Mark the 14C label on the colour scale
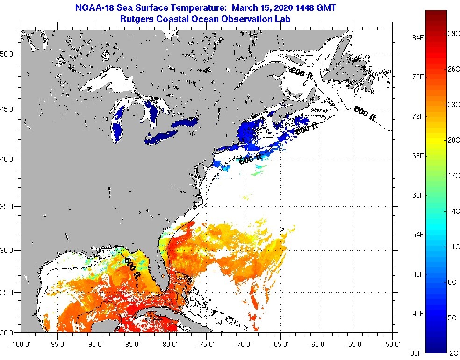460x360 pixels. (x=453, y=211)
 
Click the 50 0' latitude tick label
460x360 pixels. (x=9, y=54)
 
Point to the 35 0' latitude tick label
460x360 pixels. (x=9, y=206)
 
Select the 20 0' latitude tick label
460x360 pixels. (x=9, y=332)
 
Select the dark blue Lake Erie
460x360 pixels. (x=161, y=136)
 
